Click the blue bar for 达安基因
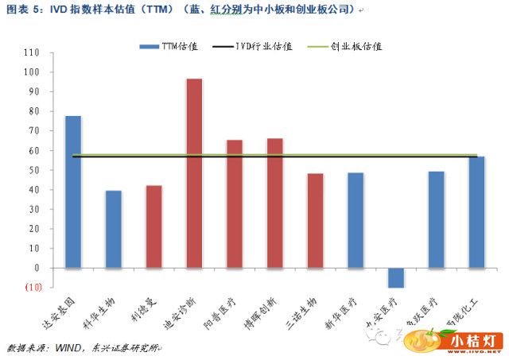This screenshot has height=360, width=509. point(72,192)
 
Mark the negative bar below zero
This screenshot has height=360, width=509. point(396,277)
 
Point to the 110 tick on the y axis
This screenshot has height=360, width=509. point(32,52)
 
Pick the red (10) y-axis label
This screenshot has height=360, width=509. point(32,287)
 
